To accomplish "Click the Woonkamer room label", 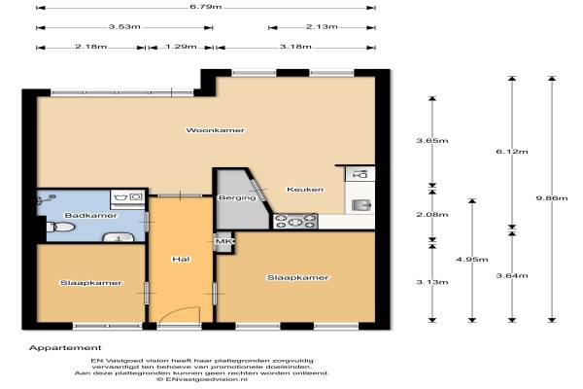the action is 216,130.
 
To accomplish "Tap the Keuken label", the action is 305,190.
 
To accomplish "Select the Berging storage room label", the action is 237,197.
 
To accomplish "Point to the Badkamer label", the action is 91,216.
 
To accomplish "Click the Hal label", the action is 181,259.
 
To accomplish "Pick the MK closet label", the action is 223,241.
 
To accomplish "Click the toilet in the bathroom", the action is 60,227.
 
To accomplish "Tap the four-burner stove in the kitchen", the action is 295,221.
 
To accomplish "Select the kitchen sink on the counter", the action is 361,205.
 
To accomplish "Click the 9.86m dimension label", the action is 552,198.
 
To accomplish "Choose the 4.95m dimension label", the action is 472,260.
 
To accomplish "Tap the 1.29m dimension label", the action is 181,47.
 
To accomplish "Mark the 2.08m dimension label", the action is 432,215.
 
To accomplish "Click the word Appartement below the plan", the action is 65,348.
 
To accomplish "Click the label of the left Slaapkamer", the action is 91,283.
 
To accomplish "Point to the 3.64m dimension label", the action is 512,276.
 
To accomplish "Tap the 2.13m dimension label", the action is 322,27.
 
